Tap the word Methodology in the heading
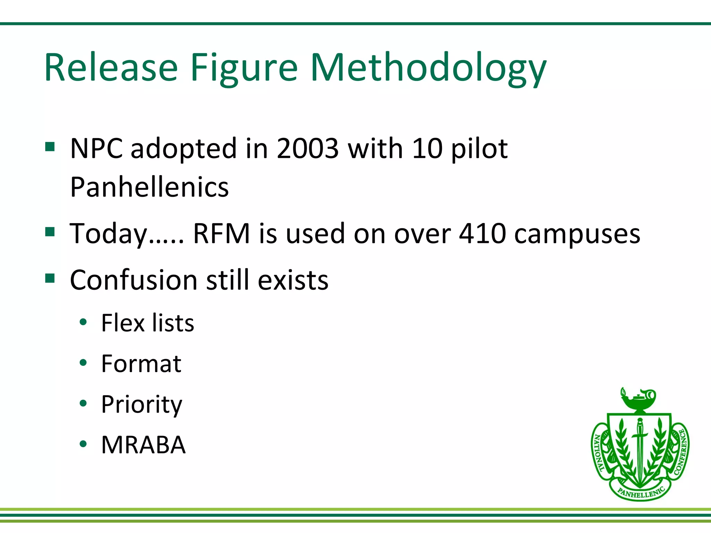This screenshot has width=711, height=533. tap(428, 68)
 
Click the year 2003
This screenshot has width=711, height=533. tap(308, 149)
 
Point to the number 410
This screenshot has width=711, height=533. tap(483, 233)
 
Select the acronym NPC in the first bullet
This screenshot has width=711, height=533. tap(96, 149)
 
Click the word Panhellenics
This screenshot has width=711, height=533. tap(149, 187)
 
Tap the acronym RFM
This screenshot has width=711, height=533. tap(221, 233)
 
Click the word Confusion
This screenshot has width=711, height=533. tap(134, 280)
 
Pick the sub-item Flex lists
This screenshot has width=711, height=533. tap(148, 323)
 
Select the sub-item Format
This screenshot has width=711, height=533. tap(141, 364)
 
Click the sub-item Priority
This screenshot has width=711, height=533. tap(141, 405)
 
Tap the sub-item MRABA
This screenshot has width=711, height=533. tap(143, 445)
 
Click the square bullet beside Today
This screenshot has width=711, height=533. tap(50, 231)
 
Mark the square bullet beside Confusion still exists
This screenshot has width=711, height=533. tap(50, 278)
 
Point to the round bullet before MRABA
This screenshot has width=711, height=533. tap(83, 444)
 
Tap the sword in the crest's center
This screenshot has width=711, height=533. tap(640, 448)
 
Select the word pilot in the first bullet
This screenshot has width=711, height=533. tap(479, 149)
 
